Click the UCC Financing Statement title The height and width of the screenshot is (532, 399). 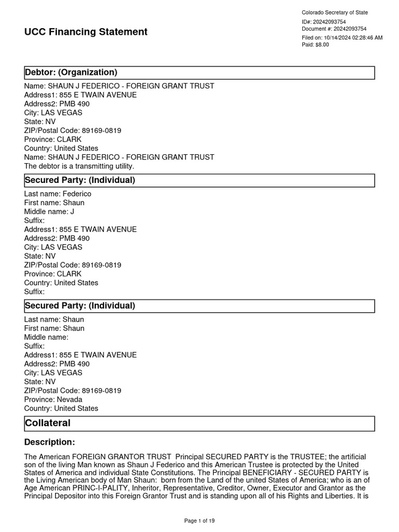click(x=86, y=32)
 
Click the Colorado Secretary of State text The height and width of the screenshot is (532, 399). click(x=335, y=12)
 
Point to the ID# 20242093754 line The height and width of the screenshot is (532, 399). click(x=324, y=22)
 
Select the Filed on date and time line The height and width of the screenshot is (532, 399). click(x=342, y=37)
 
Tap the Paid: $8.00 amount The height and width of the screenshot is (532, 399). click(x=315, y=45)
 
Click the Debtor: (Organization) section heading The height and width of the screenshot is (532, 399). click(x=71, y=72)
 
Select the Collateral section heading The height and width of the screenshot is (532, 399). click(x=47, y=423)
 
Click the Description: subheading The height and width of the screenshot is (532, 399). click(x=49, y=442)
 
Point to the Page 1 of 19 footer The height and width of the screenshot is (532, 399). click(x=199, y=521)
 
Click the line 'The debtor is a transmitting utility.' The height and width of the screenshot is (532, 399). click(x=79, y=166)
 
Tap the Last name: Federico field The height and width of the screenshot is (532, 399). click(x=58, y=194)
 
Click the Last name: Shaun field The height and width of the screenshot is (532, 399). click(x=54, y=320)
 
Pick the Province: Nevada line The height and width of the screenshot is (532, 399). click(x=53, y=400)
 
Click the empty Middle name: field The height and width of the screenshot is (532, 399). click(x=46, y=337)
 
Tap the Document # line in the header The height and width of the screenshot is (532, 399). click(x=334, y=29)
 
